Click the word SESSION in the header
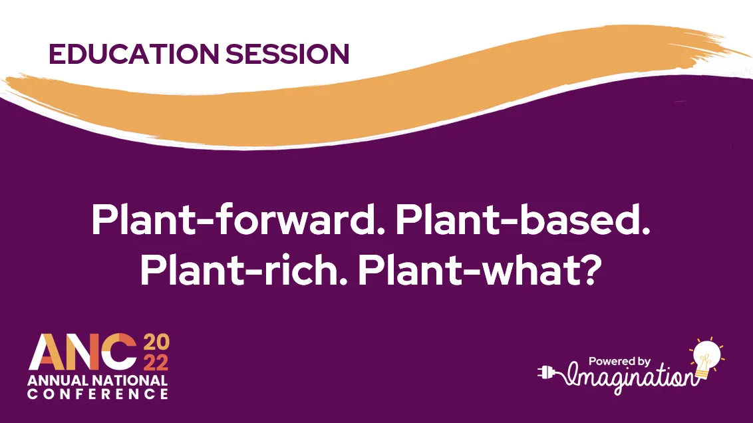(x=287, y=54)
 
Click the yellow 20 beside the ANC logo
(x=156, y=345)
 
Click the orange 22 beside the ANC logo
(x=156, y=363)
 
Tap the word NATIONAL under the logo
(x=131, y=381)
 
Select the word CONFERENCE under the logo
(x=98, y=394)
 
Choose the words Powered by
(x=619, y=361)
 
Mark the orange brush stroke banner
(x=373, y=100)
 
